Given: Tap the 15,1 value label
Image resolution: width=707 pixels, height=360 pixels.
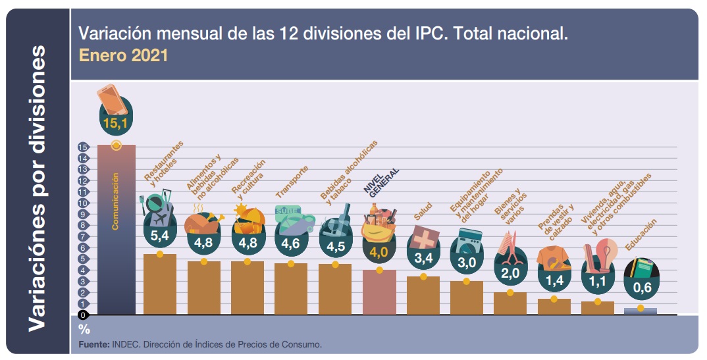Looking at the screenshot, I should [x=117, y=123].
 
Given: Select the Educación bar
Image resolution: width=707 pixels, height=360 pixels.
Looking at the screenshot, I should [x=640, y=311].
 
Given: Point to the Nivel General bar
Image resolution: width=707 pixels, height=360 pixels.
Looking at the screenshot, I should [x=379, y=292].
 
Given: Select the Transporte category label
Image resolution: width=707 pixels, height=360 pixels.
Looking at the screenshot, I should [x=292, y=182].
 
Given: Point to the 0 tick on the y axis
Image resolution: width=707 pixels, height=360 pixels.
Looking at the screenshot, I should [x=83, y=315].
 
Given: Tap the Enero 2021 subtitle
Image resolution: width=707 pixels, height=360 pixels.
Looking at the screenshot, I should [x=123, y=55].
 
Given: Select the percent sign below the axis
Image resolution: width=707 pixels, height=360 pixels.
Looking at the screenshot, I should [x=84, y=328].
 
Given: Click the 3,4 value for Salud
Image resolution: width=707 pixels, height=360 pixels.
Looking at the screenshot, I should [x=423, y=257].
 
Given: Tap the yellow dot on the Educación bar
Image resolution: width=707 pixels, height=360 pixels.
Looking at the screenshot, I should [x=641, y=307].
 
